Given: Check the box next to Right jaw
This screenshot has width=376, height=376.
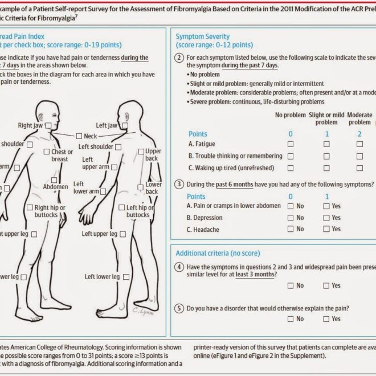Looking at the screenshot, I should (x=49, y=125).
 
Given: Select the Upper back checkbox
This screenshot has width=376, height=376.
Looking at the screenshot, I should (x=141, y=152).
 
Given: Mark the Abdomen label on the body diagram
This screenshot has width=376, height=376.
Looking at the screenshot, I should (x=55, y=187).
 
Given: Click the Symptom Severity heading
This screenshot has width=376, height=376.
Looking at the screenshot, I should (x=202, y=36).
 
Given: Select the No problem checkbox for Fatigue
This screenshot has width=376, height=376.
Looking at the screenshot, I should (x=291, y=144).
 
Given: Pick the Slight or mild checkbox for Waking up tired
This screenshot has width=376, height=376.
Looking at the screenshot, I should (x=326, y=168).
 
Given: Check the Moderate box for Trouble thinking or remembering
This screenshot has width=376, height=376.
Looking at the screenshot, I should (x=359, y=156).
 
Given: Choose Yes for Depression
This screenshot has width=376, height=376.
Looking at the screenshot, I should (x=326, y=218).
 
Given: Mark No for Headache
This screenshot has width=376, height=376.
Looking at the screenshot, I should (x=291, y=229).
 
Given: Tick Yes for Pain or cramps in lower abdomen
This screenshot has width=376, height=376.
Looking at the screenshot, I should (x=326, y=206).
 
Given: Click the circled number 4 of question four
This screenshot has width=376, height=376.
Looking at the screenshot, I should (x=180, y=267).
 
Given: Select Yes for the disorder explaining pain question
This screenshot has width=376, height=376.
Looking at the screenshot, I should (x=326, y=319).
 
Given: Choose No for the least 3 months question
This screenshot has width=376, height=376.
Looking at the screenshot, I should (x=291, y=285).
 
